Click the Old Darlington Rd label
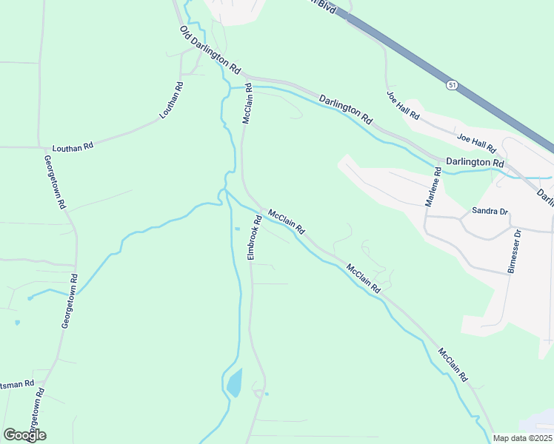(x=211, y=50)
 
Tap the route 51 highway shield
(x=451, y=86)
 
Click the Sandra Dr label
(x=490, y=211)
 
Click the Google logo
(x=24, y=435)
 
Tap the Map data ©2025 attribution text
(x=523, y=438)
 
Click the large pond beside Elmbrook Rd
(x=234, y=382)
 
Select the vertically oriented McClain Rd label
(x=248, y=103)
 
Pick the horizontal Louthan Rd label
(x=72, y=147)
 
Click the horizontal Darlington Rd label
(x=474, y=162)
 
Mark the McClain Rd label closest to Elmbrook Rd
(x=287, y=222)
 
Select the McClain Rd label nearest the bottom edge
(x=453, y=364)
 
